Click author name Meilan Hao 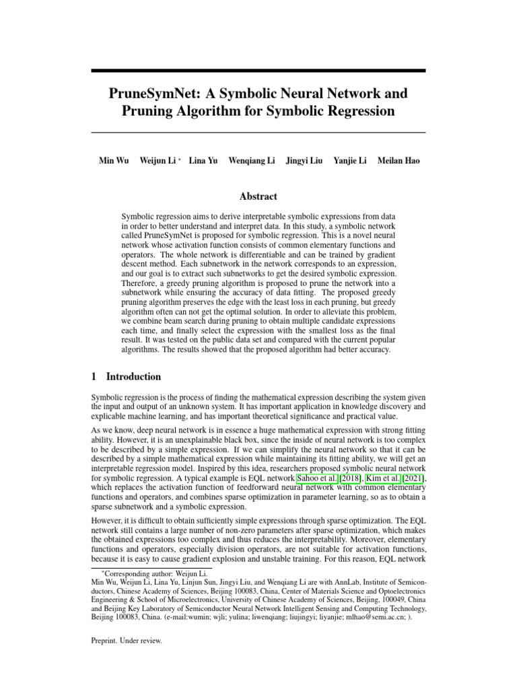coord(399,161)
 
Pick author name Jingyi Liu coord(305,161)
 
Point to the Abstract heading coord(258,196)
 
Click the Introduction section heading coord(133,377)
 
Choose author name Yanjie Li coord(350,161)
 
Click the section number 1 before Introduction coord(94,377)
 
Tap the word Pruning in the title coord(148,111)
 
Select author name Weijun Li coord(158,161)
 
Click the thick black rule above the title coord(258,70)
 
